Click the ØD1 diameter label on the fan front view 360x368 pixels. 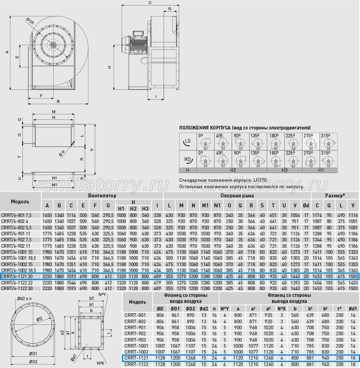[x=30, y=21]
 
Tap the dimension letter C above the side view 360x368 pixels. [x=150, y=3]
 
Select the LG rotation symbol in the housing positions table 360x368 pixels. [x=188, y=141]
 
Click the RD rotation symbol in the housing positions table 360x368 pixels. [x=188, y=159]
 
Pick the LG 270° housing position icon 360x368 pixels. [x=311, y=141]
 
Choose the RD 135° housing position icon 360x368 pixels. [x=258, y=159]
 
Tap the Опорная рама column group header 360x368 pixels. [x=237, y=196]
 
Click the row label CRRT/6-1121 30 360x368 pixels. [x=17, y=276]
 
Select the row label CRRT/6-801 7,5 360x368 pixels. [x=16, y=215]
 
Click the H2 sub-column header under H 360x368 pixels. [x=133, y=209]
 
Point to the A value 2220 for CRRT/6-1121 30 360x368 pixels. [x=47, y=276]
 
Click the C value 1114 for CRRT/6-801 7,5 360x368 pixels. [x=71, y=215]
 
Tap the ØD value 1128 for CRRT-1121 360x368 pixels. [x=160, y=358]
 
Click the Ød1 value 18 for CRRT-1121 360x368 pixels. [x=353, y=358]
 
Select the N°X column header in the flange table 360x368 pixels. [x=282, y=308]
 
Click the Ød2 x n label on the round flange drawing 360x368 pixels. [x=24, y=299]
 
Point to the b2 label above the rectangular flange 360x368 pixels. [x=92, y=298]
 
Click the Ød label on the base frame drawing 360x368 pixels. [x=62, y=153]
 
